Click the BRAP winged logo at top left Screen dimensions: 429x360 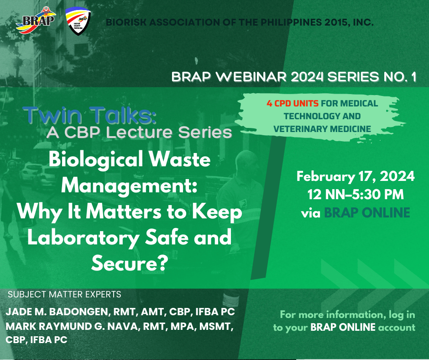click(36, 20)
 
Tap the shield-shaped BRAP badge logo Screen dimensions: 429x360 click(78, 21)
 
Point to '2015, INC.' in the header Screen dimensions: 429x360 click(350, 22)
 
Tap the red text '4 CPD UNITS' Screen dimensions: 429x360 click(293, 104)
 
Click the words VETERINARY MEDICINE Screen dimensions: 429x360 click(322, 129)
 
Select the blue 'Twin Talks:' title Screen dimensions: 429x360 click(90, 115)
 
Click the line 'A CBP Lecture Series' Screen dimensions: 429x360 click(139, 132)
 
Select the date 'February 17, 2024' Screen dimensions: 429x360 click(356, 176)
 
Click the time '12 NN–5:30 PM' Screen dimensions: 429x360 click(356, 195)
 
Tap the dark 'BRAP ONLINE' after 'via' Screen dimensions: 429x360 click(367, 212)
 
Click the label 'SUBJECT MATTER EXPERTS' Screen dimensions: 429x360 click(64, 294)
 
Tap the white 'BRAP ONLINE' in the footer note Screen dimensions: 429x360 click(343, 327)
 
